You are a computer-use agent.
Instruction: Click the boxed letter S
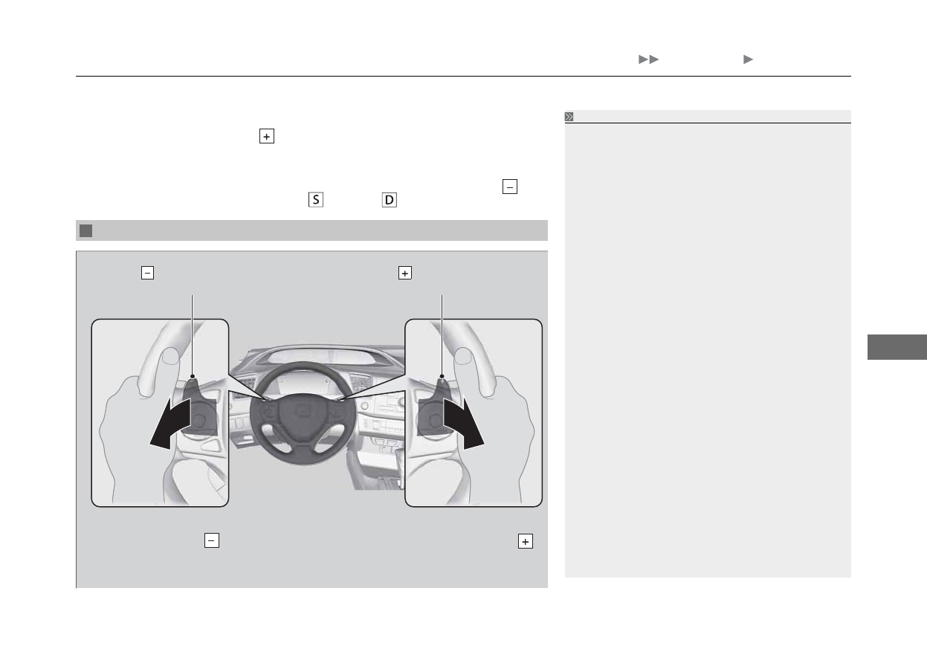(316, 200)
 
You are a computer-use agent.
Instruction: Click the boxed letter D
(389, 200)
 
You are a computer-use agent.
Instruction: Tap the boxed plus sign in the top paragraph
(267, 136)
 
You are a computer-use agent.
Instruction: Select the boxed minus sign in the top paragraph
(509, 187)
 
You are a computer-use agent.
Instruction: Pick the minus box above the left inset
(147, 273)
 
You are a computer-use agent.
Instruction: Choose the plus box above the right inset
(404, 273)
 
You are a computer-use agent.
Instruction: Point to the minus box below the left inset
(211, 540)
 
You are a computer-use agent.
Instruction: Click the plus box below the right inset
(525, 541)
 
